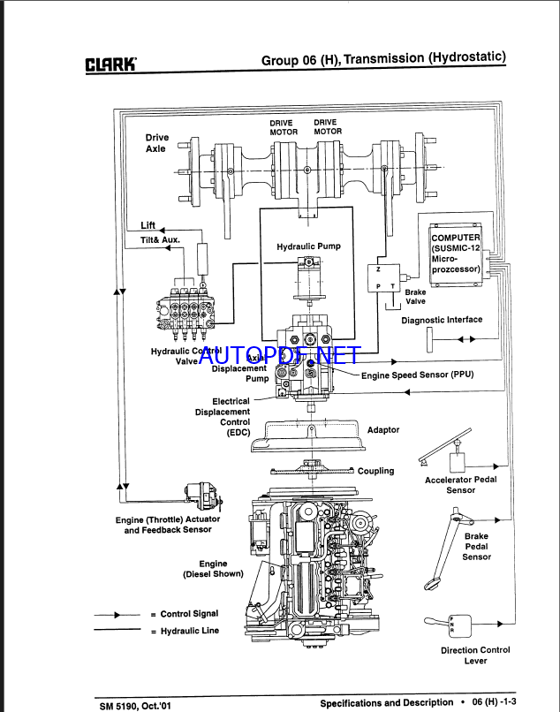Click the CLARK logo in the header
click(x=110, y=64)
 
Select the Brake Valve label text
click(x=415, y=296)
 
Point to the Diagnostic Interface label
click(x=442, y=321)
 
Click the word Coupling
click(x=375, y=471)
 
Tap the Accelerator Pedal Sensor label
click(x=460, y=484)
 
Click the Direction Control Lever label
click(x=475, y=655)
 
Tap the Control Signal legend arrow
click(x=117, y=614)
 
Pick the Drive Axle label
click(x=156, y=143)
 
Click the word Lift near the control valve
click(x=148, y=225)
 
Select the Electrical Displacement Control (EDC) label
click(x=223, y=417)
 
